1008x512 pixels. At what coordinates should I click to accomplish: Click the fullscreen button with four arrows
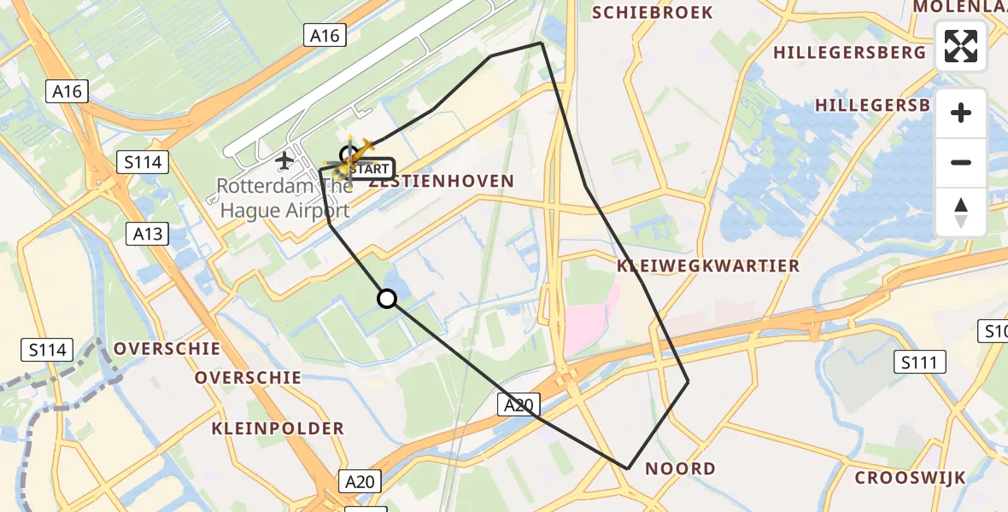click(961, 46)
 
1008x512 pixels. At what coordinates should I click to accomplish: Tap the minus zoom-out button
click(961, 162)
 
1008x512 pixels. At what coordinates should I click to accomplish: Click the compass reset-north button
click(961, 212)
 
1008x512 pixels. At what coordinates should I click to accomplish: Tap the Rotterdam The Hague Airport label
click(283, 198)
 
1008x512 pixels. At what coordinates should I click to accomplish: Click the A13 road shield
click(146, 233)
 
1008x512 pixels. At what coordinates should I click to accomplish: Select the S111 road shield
click(920, 362)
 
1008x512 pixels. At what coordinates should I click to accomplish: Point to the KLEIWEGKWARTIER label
click(708, 265)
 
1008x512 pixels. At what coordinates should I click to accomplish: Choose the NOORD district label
click(680, 468)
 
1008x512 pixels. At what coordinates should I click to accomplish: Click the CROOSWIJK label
click(910, 477)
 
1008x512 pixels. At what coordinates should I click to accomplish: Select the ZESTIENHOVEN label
click(442, 181)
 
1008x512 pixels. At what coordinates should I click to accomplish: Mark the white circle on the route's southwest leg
click(387, 298)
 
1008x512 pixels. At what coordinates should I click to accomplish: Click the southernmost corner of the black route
click(628, 468)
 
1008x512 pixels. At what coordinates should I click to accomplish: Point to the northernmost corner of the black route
click(541, 43)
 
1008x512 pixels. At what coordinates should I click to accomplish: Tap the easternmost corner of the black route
click(688, 381)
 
